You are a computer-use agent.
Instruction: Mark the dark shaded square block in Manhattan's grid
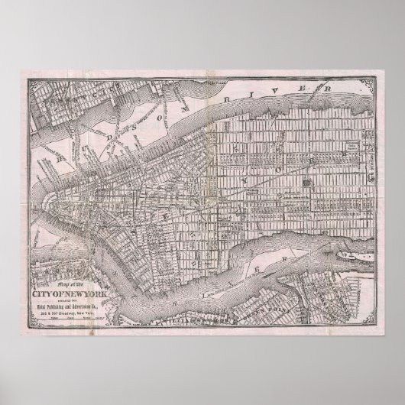pos(306,183)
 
